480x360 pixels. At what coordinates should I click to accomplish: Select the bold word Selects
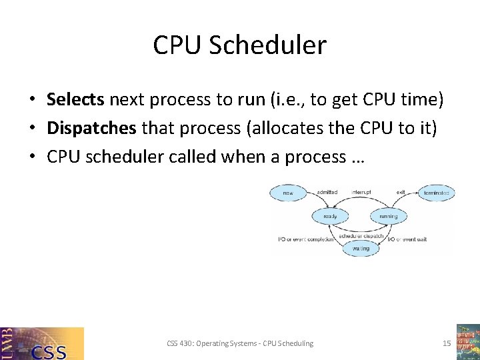pyautogui.click(x=75, y=100)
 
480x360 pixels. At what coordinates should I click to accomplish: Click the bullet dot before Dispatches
pyautogui.click(x=32, y=129)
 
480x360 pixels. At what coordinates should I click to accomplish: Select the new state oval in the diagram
pyautogui.click(x=288, y=193)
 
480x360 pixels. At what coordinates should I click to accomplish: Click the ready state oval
pyautogui.click(x=330, y=216)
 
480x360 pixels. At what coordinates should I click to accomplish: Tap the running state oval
pyautogui.click(x=388, y=216)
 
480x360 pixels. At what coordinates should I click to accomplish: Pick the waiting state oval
pyautogui.click(x=360, y=248)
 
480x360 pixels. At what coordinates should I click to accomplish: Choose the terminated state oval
pyautogui.click(x=437, y=193)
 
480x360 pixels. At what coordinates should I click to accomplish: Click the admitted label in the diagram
pyautogui.click(x=327, y=193)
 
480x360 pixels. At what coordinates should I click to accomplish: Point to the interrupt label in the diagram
pyautogui.click(x=360, y=193)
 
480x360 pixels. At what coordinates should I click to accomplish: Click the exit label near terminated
pyautogui.click(x=401, y=193)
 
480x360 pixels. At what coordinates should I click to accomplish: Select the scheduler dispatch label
pyautogui.click(x=360, y=236)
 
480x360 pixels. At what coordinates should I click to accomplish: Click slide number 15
pyautogui.click(x=447, y=343)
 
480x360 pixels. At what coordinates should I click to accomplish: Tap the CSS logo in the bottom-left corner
pyautogui.click(x=42, y=343)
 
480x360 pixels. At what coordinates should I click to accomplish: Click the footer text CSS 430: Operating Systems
pyautogui.click(x=240, y=343)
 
